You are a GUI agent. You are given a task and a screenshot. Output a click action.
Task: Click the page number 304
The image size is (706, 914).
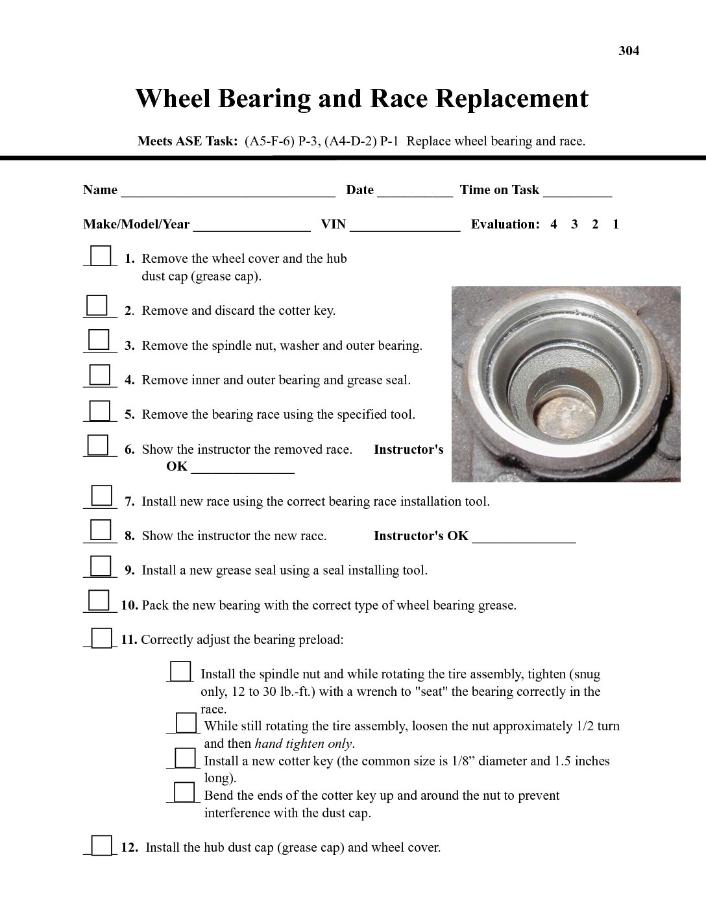pyautogui.click(x=629, y=51)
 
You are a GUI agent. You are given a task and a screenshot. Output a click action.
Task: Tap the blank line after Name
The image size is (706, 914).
pyautogui.click(x=228, y=193)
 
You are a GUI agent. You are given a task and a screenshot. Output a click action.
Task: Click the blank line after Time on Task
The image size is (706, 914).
pyautogui.click(x=578, y=193)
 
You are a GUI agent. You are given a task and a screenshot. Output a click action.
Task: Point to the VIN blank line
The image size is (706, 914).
pyautogui.click(x=405, y=227)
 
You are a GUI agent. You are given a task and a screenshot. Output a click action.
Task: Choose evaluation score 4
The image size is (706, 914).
pyautogui.click(x=554, y=225)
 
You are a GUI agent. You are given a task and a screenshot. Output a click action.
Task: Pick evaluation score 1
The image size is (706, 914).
pyautogui.click(x=616, y=225)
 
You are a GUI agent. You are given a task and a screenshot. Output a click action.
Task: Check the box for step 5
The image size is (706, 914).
pyautogui.click(x=99, y=411)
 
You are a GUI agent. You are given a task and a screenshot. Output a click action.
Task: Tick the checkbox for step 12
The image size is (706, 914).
pyautogui.click(x=101, y=845)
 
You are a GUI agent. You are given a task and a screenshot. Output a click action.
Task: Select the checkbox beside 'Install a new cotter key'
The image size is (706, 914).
pyautogui.click(x=185, y=758)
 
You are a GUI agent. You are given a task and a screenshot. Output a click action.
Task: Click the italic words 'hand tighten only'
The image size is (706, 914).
pyautogui.click(x=304, y=744)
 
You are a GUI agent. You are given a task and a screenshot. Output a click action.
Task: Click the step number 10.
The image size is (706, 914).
pyautogui.click(x=129, y=606)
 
